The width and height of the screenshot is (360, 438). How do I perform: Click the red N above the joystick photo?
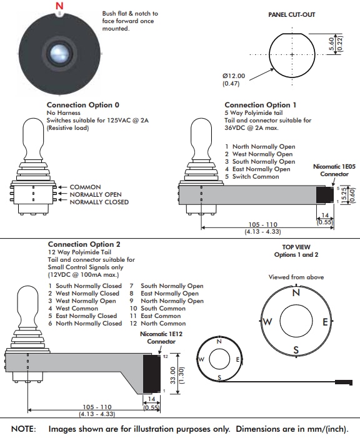click(x=59, y=7)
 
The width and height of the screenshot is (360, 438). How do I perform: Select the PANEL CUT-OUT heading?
click(x=292, y=14)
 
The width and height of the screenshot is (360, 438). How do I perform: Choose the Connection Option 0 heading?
click(x=79, y=106)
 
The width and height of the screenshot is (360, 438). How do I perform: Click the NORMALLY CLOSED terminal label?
click(x=99, y=202)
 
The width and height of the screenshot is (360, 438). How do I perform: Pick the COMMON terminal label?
click(x=85, y=187)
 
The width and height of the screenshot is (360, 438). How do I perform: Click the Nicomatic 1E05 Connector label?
click(x=335, y=171)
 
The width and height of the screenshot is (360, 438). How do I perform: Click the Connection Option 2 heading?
click(x=84, y=244)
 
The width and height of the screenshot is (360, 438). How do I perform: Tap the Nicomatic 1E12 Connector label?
click(x=161, y=338)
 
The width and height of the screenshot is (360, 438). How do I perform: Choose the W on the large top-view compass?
click(x=267, y=322)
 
